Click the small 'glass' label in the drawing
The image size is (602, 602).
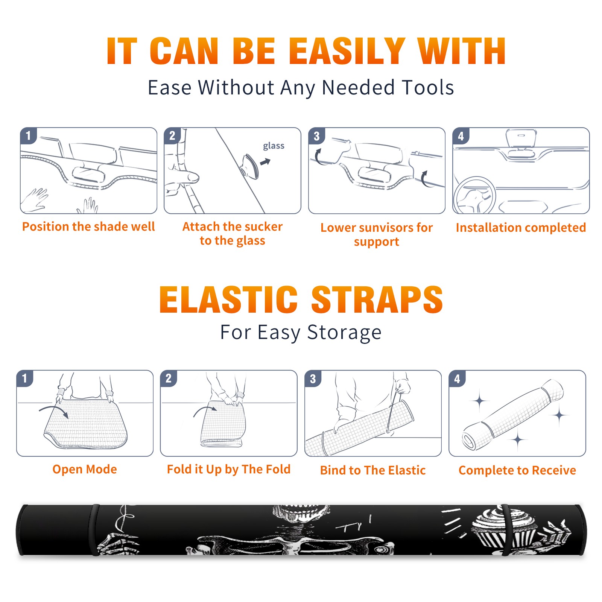[274, 146]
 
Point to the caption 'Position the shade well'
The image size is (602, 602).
[88, 227]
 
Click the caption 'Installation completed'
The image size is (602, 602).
[521, 227]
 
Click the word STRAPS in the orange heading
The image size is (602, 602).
[377, 299]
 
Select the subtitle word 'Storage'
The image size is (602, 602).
[344, 333]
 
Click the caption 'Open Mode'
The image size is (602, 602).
[85, 469]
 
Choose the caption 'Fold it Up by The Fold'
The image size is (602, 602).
[229, 469]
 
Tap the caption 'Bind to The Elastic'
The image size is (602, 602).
[373, 470]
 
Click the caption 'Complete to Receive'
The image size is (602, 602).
[517, 470]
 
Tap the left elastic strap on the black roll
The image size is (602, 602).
[94, 530]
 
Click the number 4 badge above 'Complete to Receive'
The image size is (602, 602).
[457, 379]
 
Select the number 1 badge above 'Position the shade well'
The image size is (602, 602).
[28, 135]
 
